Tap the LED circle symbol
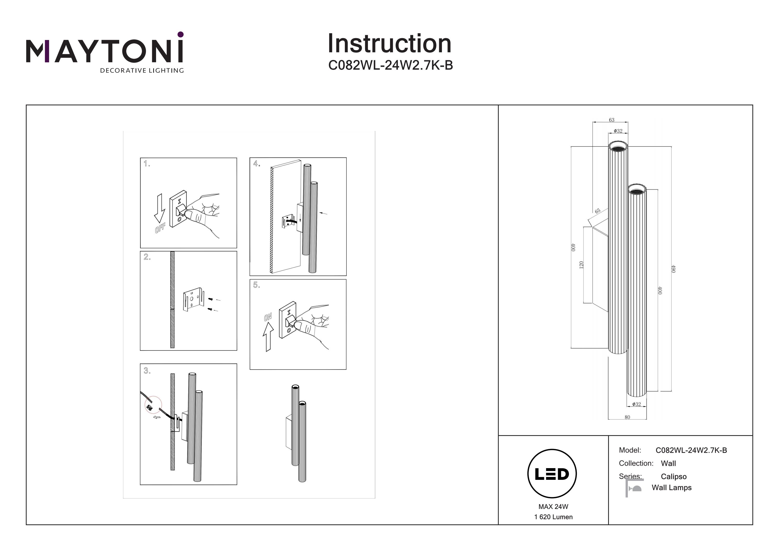(552, 474)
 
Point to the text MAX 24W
(553, 507)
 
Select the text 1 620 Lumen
(553, 517)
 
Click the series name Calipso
(674, 477)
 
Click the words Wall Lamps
(671, 488)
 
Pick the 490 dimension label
(674, 269)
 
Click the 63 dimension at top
(612, 120)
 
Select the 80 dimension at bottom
(627, 417)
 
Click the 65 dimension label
(597, 211)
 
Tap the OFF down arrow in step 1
(159, 209)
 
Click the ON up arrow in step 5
(268, 336)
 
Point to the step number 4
(257, 164)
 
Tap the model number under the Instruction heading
(391, 65)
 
